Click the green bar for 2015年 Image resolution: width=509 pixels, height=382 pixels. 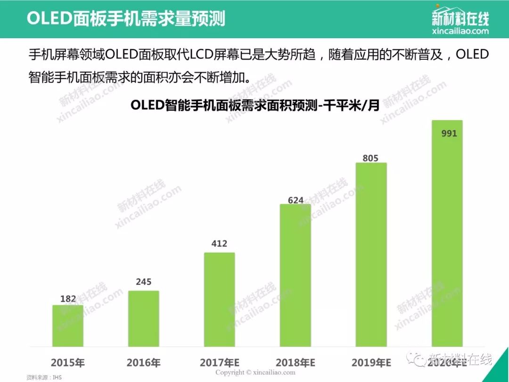67,325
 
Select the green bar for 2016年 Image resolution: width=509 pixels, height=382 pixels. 143,318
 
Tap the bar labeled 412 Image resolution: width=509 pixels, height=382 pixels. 219,299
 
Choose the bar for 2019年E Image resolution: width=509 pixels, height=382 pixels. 371,255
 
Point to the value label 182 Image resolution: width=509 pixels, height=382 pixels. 68,299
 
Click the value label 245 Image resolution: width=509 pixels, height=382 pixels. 143,282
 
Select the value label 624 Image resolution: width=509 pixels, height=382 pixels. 296,200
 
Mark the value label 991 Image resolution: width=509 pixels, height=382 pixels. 449,133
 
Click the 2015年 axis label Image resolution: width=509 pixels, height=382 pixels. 67,363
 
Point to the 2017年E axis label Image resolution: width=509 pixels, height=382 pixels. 220,363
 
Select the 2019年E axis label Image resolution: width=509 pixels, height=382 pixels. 371,363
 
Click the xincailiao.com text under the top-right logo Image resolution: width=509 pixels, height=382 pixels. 460,31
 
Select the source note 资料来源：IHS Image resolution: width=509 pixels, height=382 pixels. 44,377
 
